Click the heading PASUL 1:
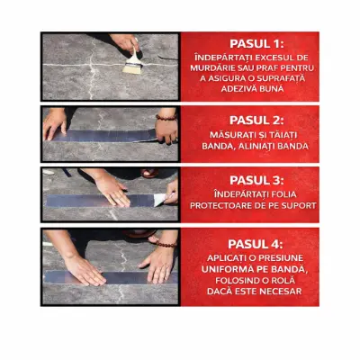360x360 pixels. click(256, 44)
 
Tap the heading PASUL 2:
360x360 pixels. click(256, 121)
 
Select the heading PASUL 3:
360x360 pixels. click(256, 180)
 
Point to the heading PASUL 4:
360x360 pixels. click(256, 244)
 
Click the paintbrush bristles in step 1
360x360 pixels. click(132, 68)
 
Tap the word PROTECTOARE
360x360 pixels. click(221, 206)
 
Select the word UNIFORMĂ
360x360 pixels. click(224, 269)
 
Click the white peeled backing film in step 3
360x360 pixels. click(161, 199)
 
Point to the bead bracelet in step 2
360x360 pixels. click(166, 117)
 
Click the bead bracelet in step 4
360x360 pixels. click(166, 244)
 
